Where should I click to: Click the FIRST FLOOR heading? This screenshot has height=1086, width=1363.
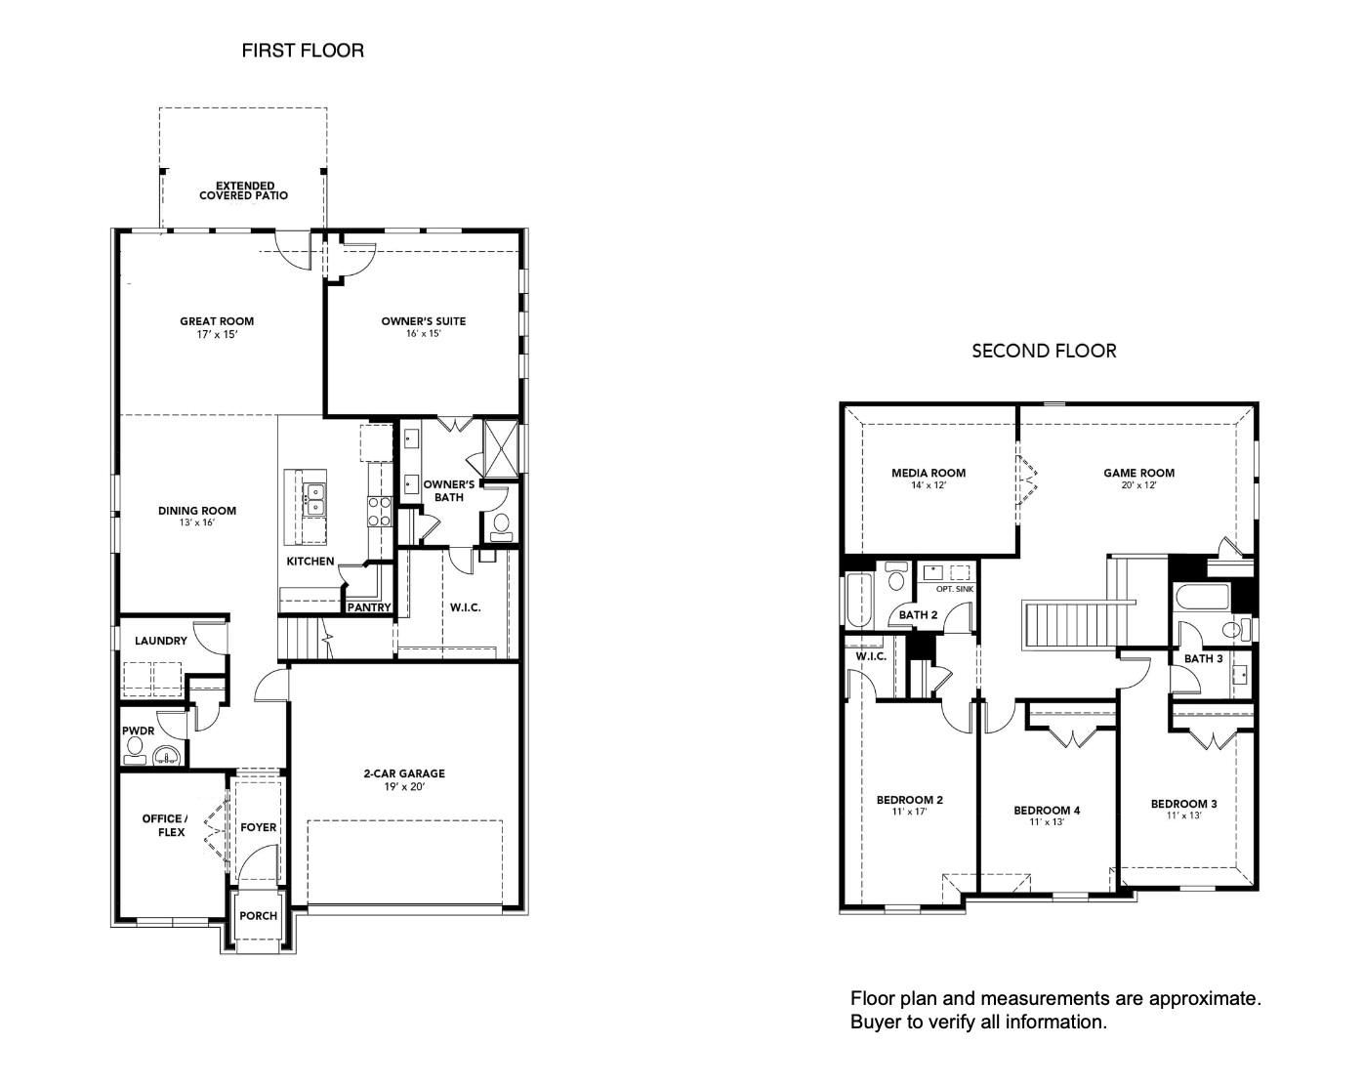(303, 51)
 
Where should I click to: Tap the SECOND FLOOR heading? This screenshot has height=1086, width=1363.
(1043, 351)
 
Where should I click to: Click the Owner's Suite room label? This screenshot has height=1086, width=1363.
(423, 320)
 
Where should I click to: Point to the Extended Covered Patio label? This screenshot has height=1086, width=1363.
(244, 190)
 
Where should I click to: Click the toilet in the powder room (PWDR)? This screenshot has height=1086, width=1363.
(135, 749)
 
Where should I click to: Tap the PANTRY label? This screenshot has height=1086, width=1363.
(369, 607)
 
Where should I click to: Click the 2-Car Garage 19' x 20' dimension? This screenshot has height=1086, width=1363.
(404, 786)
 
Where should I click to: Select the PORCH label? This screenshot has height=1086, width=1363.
(258, 916)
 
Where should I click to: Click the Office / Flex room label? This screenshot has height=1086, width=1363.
(165, 825)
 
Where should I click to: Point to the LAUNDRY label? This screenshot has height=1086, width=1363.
(161, 642)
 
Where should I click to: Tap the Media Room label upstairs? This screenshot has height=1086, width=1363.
(928, 473)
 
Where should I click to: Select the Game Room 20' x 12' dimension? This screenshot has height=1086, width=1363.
(1138, 485)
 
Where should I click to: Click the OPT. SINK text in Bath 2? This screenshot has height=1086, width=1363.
(954, 590)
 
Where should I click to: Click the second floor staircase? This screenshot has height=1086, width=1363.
(1074, 624)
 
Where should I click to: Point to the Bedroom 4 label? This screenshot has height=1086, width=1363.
(1046, 810)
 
